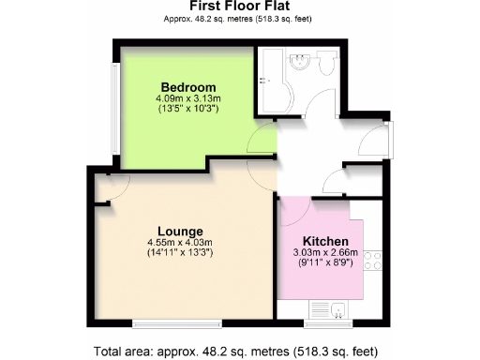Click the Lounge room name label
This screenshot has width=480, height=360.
coord(181,232)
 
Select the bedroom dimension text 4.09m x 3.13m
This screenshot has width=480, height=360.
coord(188,99)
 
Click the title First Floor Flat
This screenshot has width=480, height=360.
coord(240,7)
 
